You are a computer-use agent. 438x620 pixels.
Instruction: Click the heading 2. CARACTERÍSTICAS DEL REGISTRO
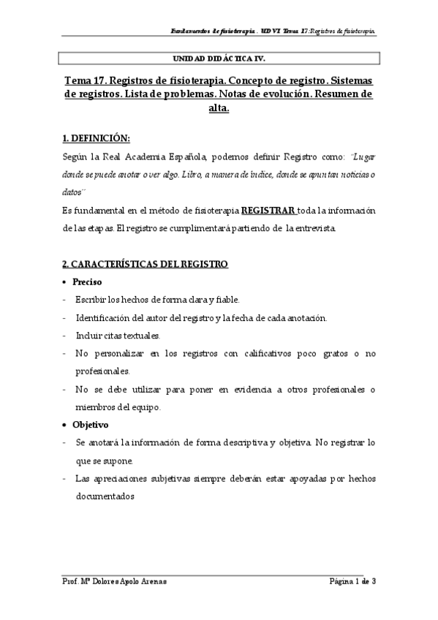click(145, 263)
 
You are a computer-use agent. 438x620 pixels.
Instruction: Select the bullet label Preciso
click(87, 281)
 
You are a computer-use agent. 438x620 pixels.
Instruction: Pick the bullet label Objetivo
click(90, 424)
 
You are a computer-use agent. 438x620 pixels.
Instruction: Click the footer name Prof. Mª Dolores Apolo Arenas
click(114, 582)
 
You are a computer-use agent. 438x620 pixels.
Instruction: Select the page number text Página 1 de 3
click(352, 582)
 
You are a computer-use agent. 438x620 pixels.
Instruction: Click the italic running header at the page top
click(273, 31)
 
